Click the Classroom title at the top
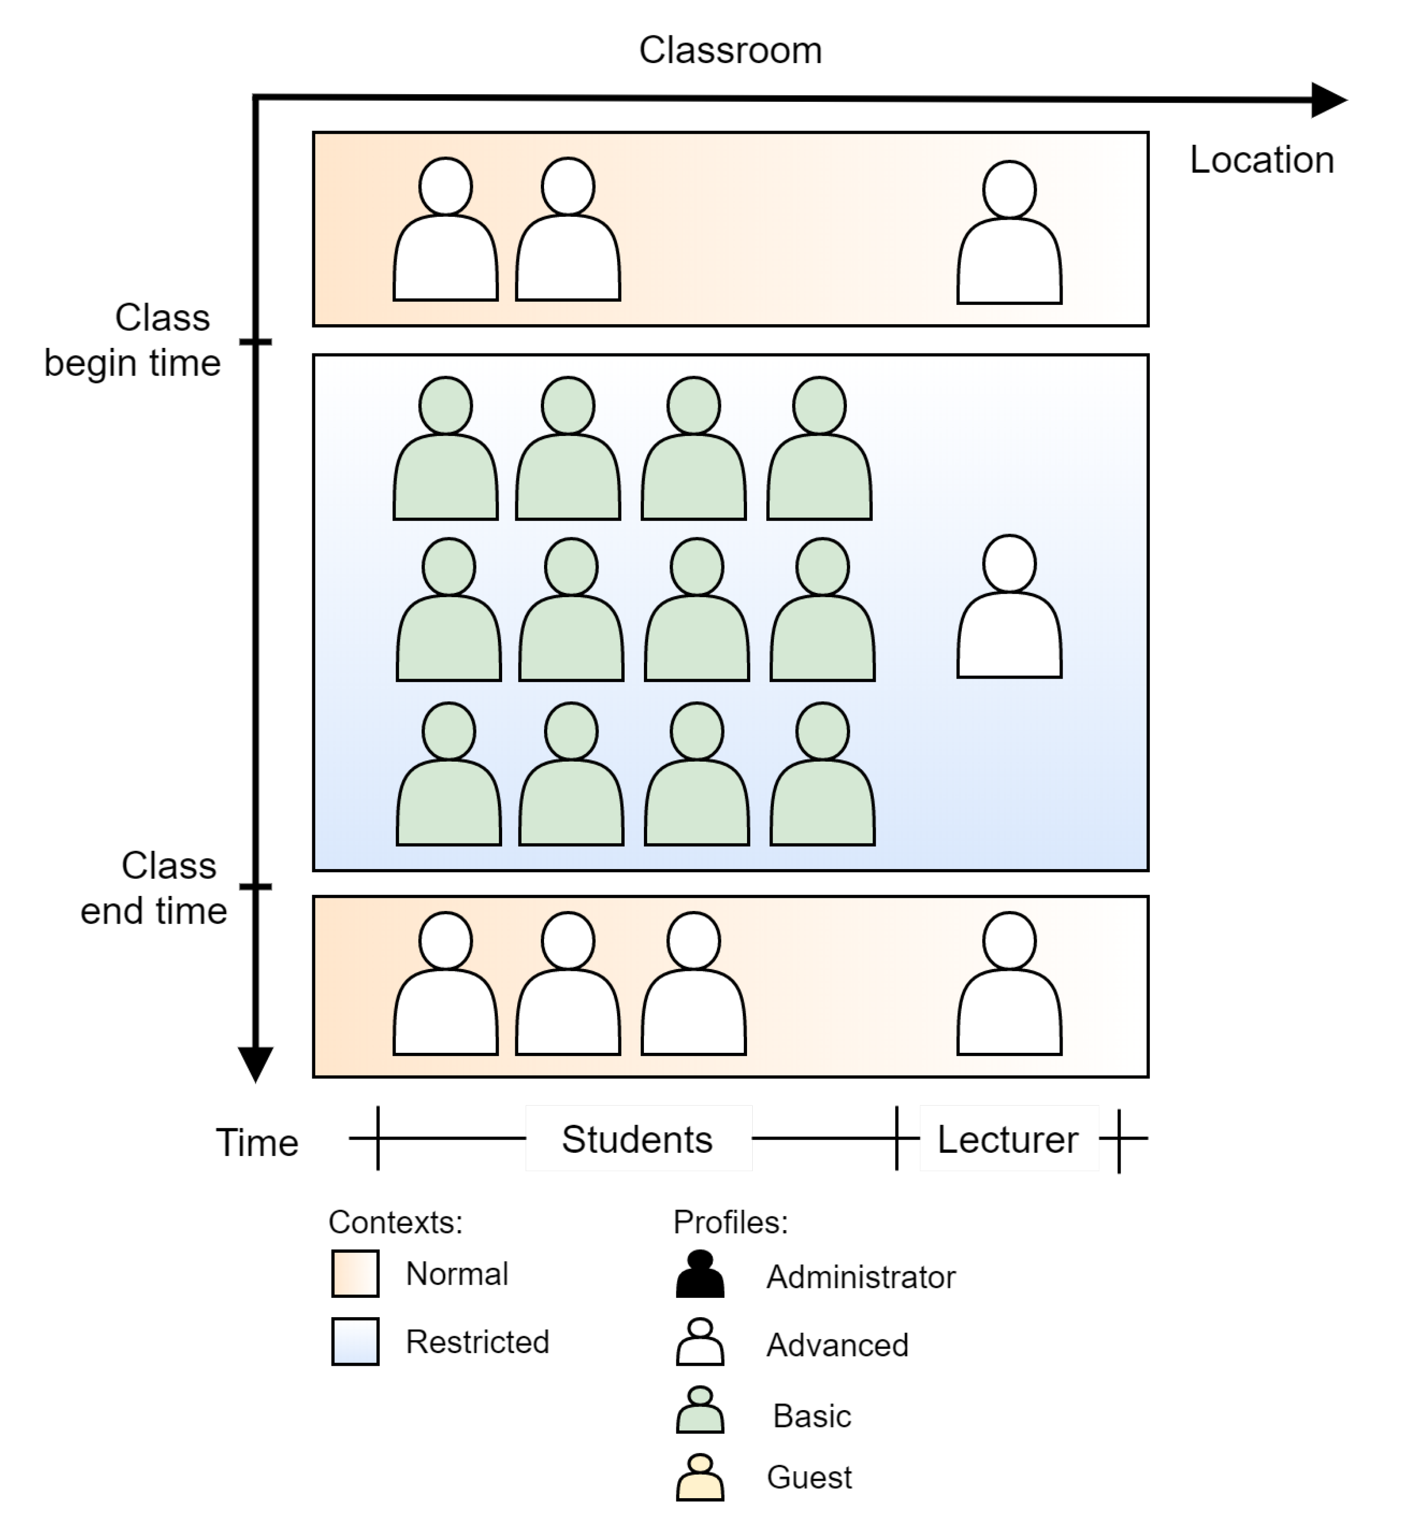pos(731,51)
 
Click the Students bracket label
pos(638,1140)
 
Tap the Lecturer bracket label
pos(1008,1140)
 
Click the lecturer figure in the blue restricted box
pos(1009,606)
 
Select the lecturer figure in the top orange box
pos(1009,232)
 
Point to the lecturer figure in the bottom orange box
pos(1009,984)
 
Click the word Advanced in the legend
pos(837,1346)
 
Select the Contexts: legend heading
pos(396,1222)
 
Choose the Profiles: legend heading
pos(731,1222)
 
